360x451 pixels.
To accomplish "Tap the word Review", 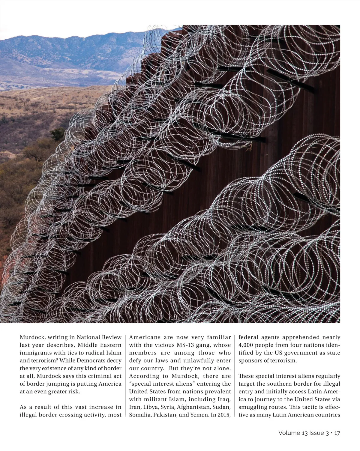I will tap(112, 337).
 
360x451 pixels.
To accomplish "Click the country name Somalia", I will tap(139, 415).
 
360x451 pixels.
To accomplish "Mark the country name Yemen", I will tap(198, 415).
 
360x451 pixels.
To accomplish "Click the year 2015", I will tap(223, 415).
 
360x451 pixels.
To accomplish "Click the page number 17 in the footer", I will tap(337, 433).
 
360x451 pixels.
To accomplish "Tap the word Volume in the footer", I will tap(289, 433).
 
